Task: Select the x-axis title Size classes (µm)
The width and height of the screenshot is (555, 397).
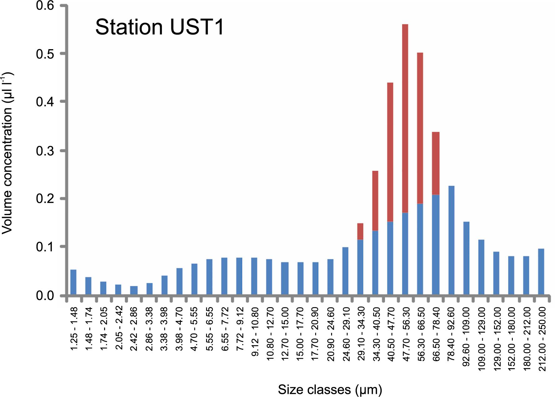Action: tap(330, 389)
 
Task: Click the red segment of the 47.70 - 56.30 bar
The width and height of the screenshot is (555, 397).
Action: tap(405, 118)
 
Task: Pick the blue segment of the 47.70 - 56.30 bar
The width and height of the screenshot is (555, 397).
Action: tap(405, 254)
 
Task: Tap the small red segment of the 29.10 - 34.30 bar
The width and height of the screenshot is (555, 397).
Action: tap(360, 231)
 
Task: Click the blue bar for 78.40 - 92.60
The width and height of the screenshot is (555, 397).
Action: tap(451, 240)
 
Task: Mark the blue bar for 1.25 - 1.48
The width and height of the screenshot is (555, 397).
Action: tap(73, 282)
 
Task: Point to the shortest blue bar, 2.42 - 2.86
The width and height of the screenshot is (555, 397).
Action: tap(134, 291)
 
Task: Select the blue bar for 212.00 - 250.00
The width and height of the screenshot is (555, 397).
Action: tap(541, 272)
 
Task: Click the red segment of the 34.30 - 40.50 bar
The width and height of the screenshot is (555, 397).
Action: tap(375, 201)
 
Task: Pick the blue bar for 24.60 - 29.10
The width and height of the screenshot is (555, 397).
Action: tap(345, 271)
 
